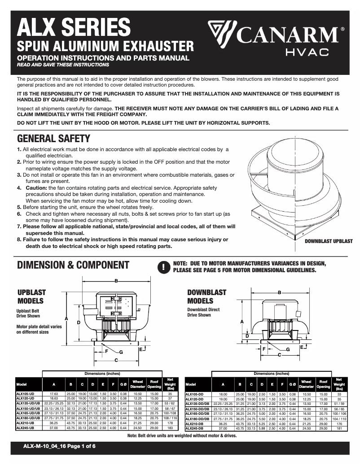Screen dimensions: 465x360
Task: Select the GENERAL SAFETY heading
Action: click(x=53, y=139)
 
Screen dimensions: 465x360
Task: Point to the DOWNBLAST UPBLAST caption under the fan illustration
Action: click(x=329, y=241)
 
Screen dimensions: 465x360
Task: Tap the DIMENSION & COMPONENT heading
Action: click(x=73, y=265)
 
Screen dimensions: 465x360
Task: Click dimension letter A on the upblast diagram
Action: click(x=66, y=318)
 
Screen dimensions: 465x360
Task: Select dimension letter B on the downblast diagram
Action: click(x=279, y=292)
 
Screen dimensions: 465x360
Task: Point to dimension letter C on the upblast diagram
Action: click(x=116, y=360)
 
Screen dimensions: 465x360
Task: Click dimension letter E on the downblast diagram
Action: click(x=302, y=347)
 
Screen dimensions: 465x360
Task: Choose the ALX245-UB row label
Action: click(x=25, y=428)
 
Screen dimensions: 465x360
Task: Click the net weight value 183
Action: click(x=170, y=428)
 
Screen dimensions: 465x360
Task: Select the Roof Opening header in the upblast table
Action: click(x=154, y=384)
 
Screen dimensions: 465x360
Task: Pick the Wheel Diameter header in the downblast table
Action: click(x=307, y=384)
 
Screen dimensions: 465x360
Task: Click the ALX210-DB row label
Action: click(x=194, y=423)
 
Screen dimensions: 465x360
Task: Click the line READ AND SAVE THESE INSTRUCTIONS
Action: click(x=62, y=65)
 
